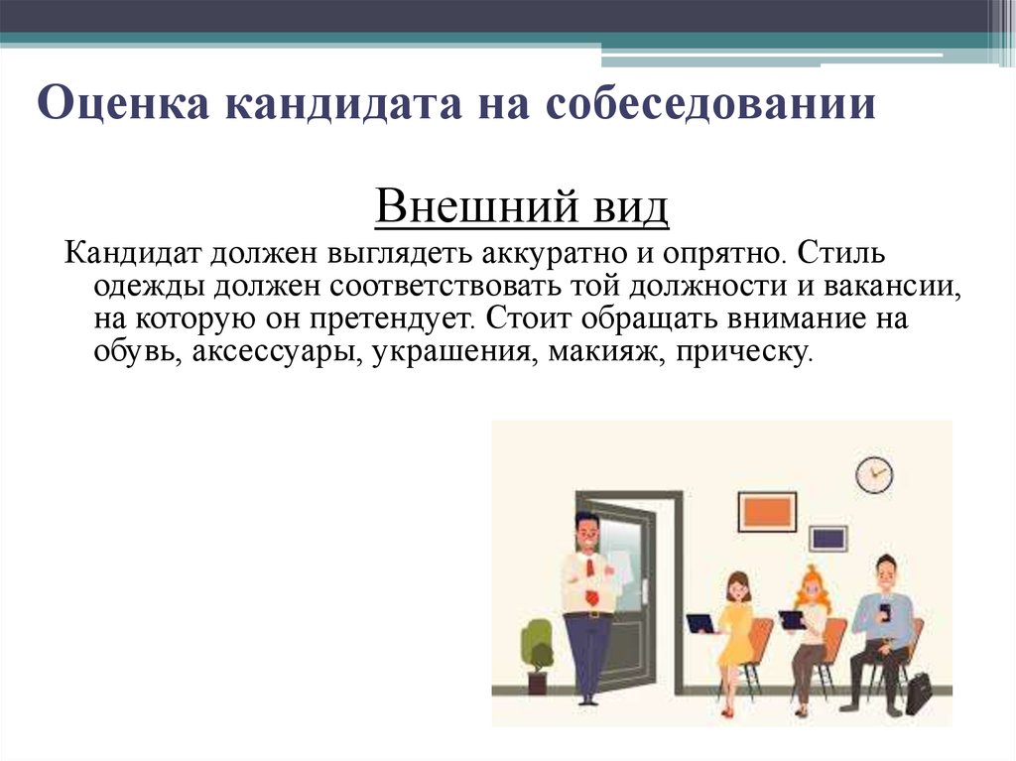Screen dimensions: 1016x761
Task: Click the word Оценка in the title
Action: (123, 102)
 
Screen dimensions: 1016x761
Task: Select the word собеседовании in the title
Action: (710, 102)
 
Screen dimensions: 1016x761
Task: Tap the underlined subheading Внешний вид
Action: (522, 206)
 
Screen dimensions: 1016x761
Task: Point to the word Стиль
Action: (840, 251)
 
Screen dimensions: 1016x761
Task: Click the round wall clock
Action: (874, 474)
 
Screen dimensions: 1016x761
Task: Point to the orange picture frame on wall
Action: (767, 512)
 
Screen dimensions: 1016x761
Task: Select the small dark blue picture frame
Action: (829, 539)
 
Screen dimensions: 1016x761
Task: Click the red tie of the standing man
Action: (591, 577)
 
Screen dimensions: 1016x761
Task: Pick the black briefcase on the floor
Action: (919, 693)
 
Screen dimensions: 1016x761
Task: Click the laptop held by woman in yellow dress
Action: (701, 623)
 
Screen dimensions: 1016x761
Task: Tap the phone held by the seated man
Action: (885, 612)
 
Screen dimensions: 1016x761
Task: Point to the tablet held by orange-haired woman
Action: (792, 620)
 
